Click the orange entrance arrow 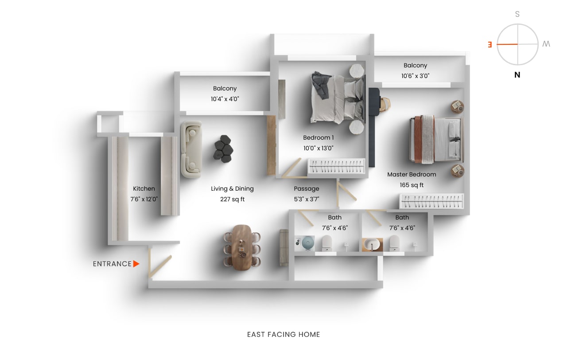(x=136, y=264)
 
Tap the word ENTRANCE (x=112, y=264)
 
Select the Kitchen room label (x=144, y=188)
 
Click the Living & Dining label (x=232, y=188)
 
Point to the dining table (x=242, y=247)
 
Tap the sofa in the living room (x=190, y=150)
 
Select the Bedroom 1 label (x=318, y=137)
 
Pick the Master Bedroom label (x=412, y=174)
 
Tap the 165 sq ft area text (x=412, y=185)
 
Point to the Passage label (x=307, y=188)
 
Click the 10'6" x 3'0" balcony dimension (x=415, y=76)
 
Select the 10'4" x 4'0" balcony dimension (x=225, y=99)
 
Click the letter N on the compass (x=517, y=75)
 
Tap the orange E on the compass (x=490, y=45)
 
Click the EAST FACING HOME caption (x=283, y=334)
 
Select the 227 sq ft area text (x=232, y=199)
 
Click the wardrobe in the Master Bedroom (x=431, y=201)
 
